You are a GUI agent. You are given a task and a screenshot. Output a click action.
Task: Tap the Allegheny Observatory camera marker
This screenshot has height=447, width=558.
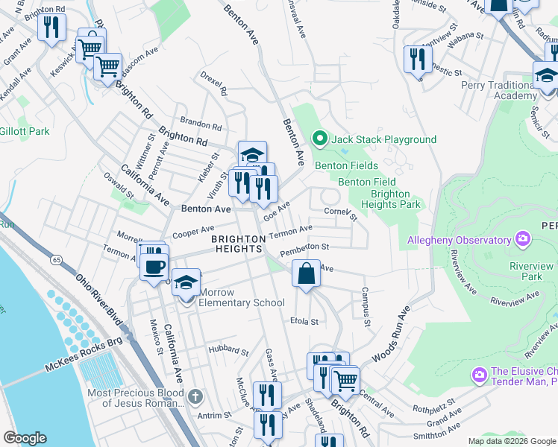[x=523, y=239]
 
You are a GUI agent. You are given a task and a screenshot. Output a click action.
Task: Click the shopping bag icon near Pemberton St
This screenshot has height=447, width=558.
[x=306, y=273]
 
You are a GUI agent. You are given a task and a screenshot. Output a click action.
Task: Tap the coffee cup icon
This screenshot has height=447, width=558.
[x=154, y=267]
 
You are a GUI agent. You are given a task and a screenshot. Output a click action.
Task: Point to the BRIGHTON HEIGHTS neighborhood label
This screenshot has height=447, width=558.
[x=238, y=244]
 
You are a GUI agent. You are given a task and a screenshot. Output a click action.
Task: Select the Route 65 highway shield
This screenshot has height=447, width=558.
[x=57, y=260]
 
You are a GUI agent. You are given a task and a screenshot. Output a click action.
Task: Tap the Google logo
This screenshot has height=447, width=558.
[x=25, y=438]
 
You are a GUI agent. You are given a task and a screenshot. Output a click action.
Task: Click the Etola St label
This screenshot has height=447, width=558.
[x=304, y=322]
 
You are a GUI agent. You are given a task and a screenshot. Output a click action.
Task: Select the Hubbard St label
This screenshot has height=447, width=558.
[x=228, y=348]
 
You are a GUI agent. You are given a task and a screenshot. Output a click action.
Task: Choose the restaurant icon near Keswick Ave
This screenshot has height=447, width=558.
[x=51, y=28]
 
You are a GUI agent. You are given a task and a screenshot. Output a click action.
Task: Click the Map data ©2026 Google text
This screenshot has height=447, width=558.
[x=511, y=441]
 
